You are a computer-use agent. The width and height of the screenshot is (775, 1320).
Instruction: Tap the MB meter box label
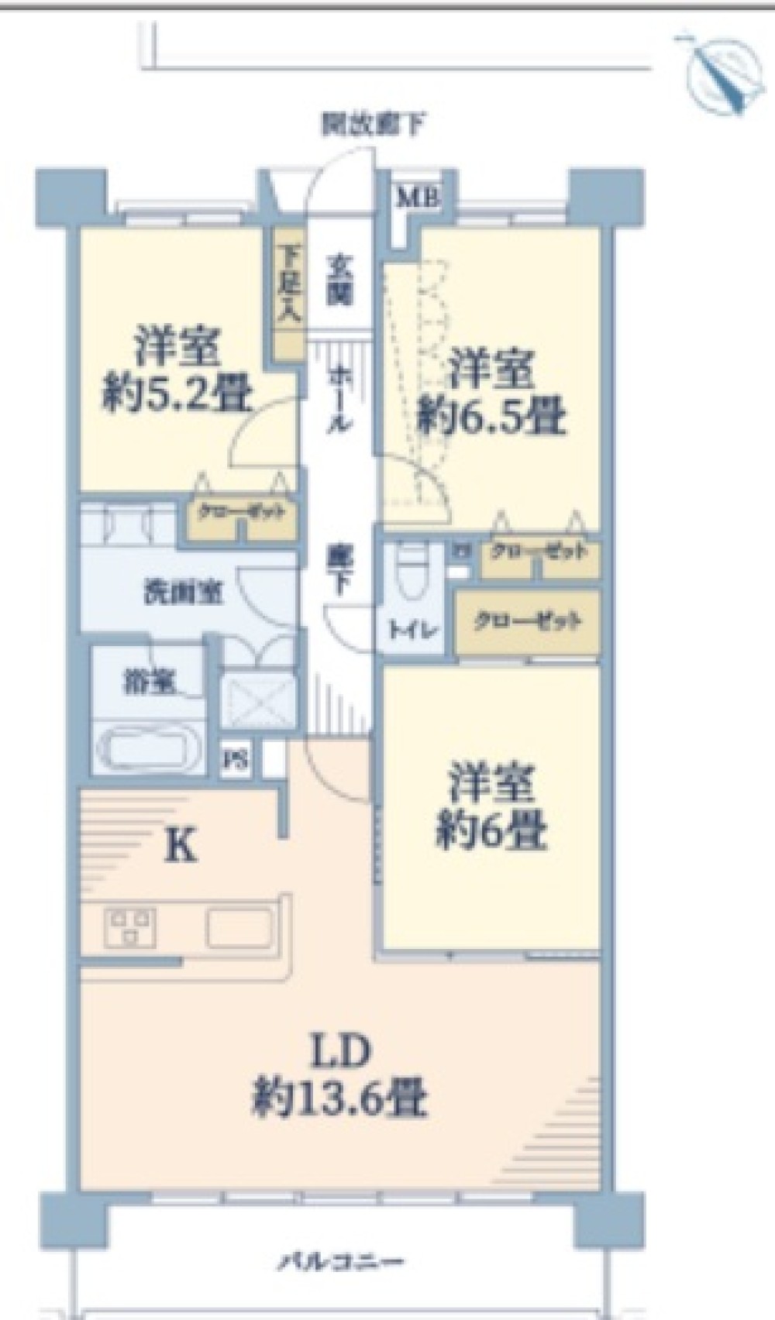(x=418, y=198)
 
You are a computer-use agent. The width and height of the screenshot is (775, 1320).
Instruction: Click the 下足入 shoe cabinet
(x=290, y=295)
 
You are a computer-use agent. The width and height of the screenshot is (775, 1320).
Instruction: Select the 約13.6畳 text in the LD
(x=339, y=1098)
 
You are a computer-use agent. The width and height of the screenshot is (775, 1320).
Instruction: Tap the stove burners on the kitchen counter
(x=130, y=927)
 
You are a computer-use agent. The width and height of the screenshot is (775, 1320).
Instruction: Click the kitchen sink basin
(x=240, y=927)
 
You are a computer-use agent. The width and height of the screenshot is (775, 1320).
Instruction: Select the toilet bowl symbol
(x=408, y=572)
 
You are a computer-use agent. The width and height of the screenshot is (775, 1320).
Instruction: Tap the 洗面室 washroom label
(x=184, y=592)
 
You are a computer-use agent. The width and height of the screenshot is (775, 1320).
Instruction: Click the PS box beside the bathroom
(x=236, y=758)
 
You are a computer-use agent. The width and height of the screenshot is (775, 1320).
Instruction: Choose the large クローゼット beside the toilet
(x=527, y=621)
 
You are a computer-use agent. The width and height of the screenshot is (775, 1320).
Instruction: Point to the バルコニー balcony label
(x=341, y=1262)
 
